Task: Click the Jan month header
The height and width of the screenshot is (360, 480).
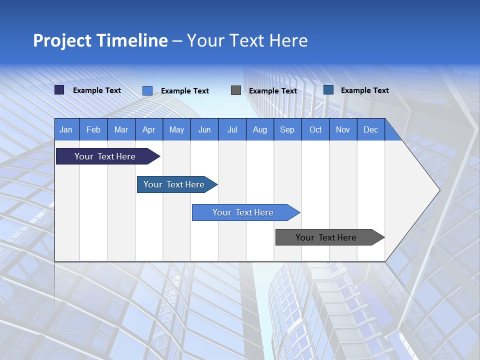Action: (66, 129)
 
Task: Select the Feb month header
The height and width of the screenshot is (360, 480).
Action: (93, 129)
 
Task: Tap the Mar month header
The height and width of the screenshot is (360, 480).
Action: (121, 129)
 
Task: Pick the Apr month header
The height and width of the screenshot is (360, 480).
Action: (149, 129)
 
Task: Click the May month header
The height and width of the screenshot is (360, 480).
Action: (176, 129)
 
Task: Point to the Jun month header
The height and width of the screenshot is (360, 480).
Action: (204, 129)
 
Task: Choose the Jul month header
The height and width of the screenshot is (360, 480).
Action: (232, 129)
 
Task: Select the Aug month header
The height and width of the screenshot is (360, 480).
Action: (260, 129)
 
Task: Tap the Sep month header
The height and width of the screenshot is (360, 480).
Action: (287, 129)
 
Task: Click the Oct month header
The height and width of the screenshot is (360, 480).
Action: (315, 129)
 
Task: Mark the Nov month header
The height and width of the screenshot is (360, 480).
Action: (343, 129)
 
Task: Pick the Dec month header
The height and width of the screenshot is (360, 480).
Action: (371, 129)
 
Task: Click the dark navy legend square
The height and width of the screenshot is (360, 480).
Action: (59, 90)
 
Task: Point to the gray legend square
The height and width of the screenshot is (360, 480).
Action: (236, 90)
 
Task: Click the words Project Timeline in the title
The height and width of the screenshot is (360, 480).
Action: (100, 40)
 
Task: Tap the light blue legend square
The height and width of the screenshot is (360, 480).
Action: (147, 90)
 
